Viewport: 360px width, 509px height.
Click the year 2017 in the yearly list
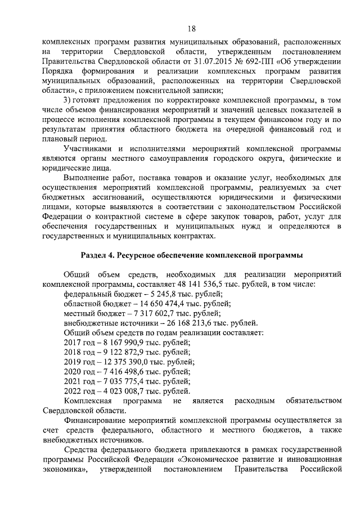(x=74, y=342)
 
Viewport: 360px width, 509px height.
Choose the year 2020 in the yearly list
(x=74, y=371)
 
